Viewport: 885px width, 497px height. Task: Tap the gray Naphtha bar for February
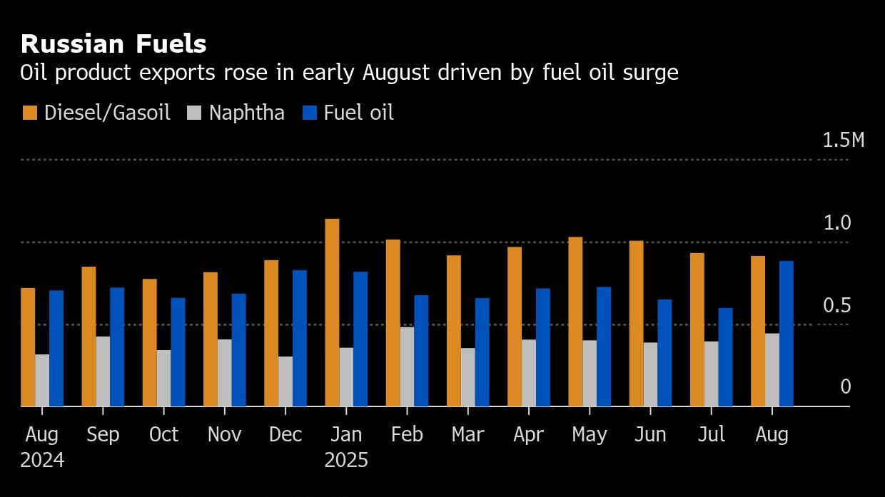point(407,367)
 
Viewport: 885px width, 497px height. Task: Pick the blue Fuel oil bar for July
point(725,357)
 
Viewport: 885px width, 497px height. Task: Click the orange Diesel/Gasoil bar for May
point(575,322)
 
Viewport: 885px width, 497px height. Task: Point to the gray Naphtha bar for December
point(285,381)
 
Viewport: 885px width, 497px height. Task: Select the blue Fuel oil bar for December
point(300,338)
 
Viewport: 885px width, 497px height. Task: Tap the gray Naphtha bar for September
point(103,372)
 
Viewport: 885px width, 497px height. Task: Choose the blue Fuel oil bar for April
point(543,347)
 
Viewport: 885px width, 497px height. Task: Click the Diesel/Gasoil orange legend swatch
point(29,113)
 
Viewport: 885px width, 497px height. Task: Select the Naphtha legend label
point(246,113)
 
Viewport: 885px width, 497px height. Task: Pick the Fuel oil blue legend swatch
point(310,113)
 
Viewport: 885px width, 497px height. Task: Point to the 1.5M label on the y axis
point(843,140)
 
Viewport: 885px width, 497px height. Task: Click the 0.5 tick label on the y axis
point(837,306)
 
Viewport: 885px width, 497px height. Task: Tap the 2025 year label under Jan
point(346,461)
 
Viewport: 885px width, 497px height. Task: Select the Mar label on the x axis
point(467,435)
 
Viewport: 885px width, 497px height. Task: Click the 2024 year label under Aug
point(42,461)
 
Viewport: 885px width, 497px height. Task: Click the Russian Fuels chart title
point(113,44)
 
